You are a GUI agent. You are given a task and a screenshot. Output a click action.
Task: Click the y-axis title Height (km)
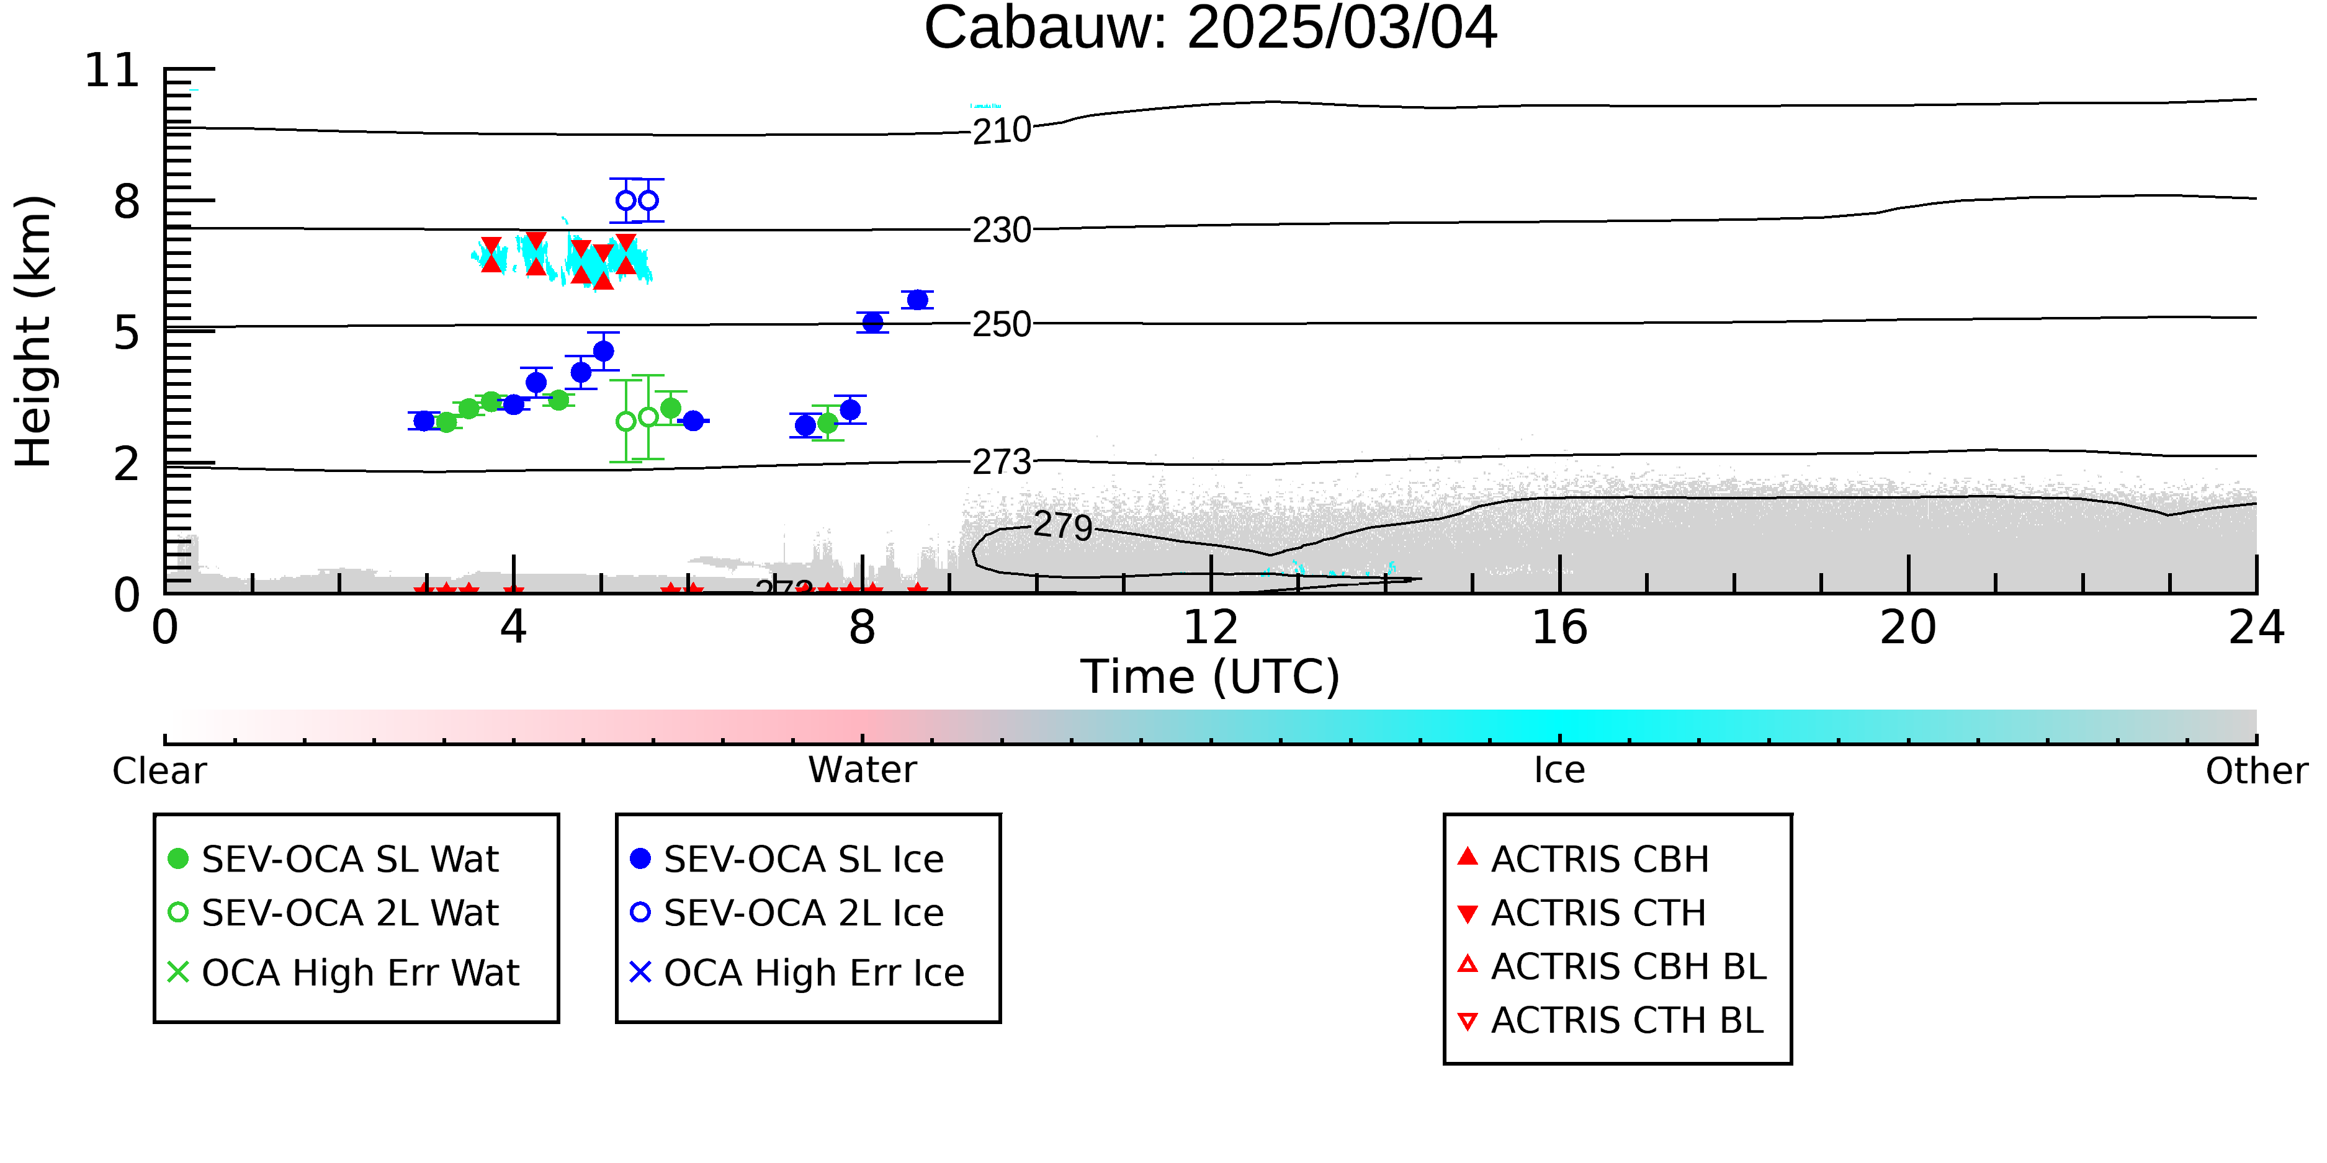(34, 331)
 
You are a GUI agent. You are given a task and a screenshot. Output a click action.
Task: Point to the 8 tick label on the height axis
(127, 202)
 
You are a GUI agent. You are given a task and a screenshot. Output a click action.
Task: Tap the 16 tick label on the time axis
(1559, 628)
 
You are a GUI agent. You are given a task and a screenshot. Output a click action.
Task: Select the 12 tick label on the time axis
(1211, 628)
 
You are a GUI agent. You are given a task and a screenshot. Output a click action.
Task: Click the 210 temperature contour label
(1002, 131)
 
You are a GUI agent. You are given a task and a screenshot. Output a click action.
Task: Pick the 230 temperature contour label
(1002, 230)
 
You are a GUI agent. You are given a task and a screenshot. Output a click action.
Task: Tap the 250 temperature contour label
(1002, 324)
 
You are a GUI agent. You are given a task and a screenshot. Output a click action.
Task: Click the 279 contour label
(1063, 525)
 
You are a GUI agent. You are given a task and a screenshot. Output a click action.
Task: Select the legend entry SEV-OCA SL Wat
(334, 858)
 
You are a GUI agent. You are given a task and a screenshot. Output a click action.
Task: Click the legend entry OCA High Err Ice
(797, 973)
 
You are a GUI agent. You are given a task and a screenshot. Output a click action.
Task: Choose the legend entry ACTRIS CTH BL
(1611, 1020)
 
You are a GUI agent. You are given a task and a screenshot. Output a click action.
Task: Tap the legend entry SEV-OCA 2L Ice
(787, 913)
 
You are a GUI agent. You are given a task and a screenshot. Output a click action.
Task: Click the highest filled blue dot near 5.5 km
(918, 300)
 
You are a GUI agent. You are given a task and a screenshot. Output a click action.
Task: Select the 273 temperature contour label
(1002, 462)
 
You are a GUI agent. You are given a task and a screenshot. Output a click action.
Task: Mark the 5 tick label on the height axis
(127, 332)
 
